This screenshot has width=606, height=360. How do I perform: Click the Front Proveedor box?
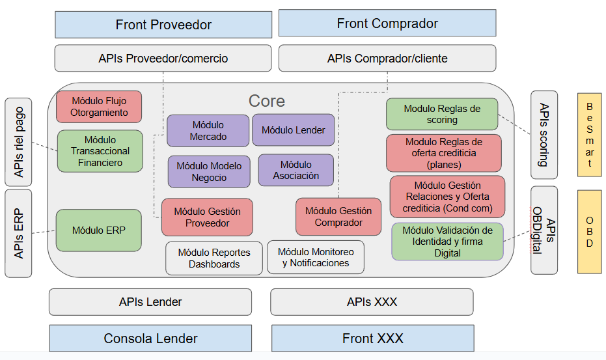click(163, 25)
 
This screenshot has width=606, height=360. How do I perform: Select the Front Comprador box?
click(387, 23)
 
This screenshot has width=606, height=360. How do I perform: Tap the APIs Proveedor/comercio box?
click(163, 59)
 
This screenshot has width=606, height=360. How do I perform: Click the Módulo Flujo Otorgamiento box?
click(99, 107)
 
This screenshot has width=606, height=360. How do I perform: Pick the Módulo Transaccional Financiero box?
click(100, 151)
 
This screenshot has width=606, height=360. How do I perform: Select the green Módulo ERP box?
click(99, 230)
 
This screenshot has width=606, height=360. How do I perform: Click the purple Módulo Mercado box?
click(208, 131)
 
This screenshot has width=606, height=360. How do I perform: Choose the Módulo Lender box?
click(294, 130)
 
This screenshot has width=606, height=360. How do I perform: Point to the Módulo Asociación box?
click(296, 170)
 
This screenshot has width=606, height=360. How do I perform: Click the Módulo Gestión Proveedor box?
click(207, 217)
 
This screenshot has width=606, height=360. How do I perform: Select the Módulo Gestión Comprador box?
click(338, 217)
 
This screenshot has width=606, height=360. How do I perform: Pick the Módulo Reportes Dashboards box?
click(214, 258)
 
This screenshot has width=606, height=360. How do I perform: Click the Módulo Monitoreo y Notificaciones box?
click(316, 257)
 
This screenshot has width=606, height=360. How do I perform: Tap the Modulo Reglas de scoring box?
click(442, 114)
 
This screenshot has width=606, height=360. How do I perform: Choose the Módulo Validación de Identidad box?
click(447, 242)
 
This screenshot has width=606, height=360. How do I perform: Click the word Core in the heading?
click(267, 101)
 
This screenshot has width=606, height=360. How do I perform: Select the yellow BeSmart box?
click(590, 135)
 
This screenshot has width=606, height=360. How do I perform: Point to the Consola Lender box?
click(150, 339)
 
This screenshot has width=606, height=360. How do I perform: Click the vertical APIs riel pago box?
click(18, 141)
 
